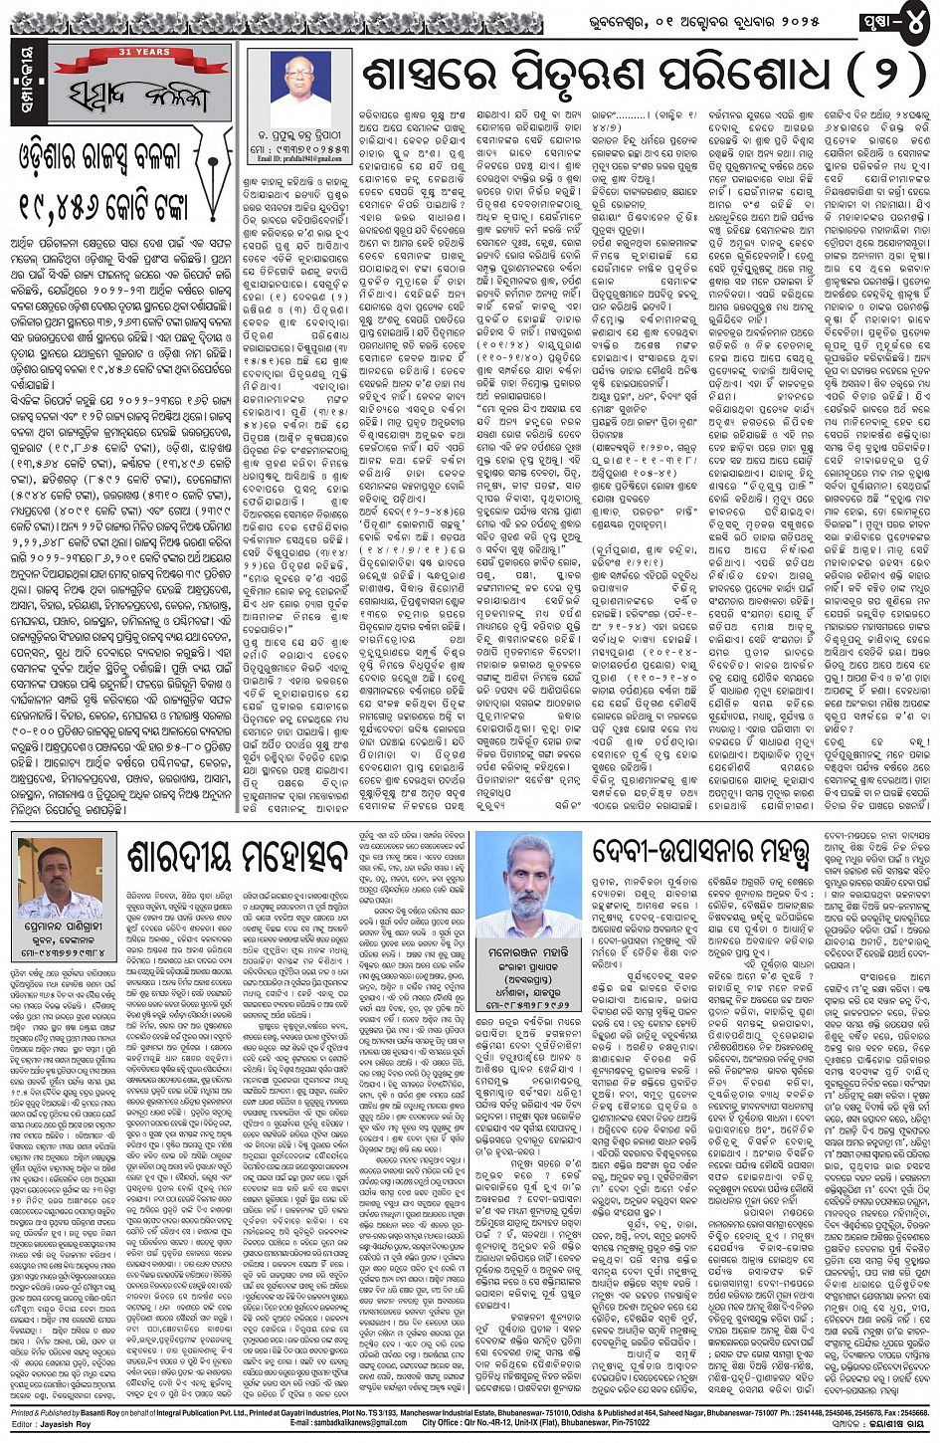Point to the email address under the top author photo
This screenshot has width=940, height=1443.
[298, 157]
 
